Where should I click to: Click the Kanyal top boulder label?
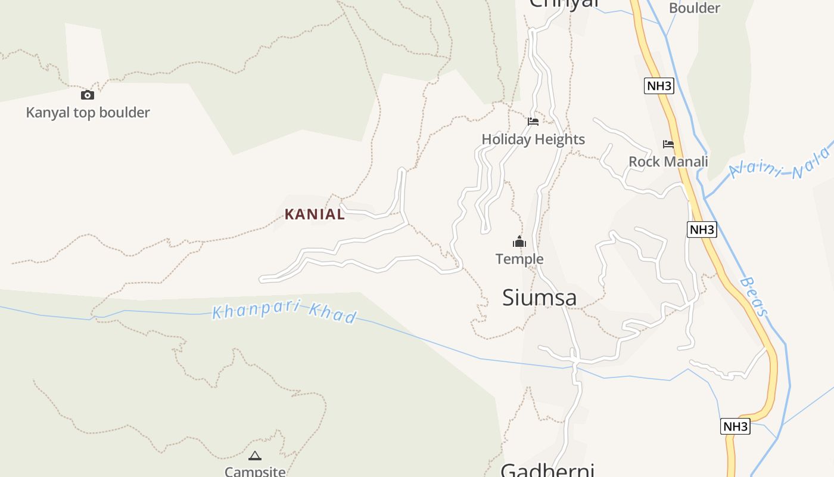click(x=88, y=112)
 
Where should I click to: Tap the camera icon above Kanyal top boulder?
click(x=88, y=95)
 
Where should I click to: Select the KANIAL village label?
click(x=315, y=214)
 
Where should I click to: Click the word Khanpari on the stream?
click(x=257, y=310)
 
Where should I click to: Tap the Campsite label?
click(x=255, y=471)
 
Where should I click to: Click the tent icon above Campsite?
click(x=255, y=456)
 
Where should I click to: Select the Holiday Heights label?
click(x=533, y=140)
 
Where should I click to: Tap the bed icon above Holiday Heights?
click(x=533, y=122)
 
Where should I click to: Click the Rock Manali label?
click(x=668, y=162)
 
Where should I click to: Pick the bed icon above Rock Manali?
click(x=668, y=144)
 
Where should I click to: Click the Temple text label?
click(x=519, y=259)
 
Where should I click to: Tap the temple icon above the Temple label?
click(x=519, y=241)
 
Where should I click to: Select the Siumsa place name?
click(x=539, y=297)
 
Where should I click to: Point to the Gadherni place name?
click(x=547, y=470)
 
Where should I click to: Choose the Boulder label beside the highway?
click(x=694, y=8)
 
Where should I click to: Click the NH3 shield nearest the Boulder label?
click(x=659, y=86)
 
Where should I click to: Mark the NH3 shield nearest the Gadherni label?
click(x=735, y=426)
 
